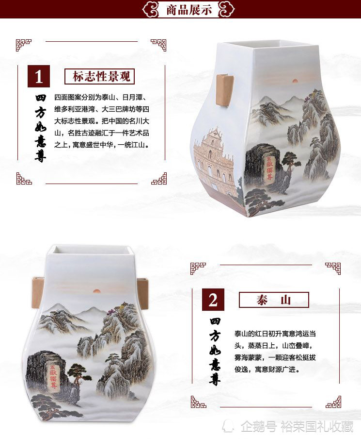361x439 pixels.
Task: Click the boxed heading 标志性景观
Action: tap(99, 77)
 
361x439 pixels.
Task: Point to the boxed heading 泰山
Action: tap(274, 300)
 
